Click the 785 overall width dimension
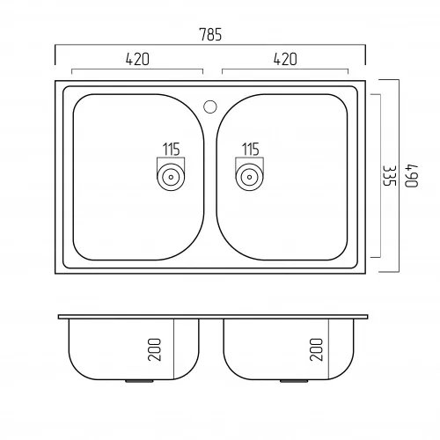click(210, 34)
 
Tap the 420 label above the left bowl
click(137, 59)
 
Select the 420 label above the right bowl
click(285, 59)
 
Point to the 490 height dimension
click(411, 176)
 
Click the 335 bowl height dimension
click(390, 176)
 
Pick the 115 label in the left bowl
click(172, 150)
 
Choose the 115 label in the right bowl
click(250, 150)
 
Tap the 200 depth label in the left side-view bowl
click(155, 349)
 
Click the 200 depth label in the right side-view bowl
click(316, 349)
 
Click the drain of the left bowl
click(171, 177)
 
